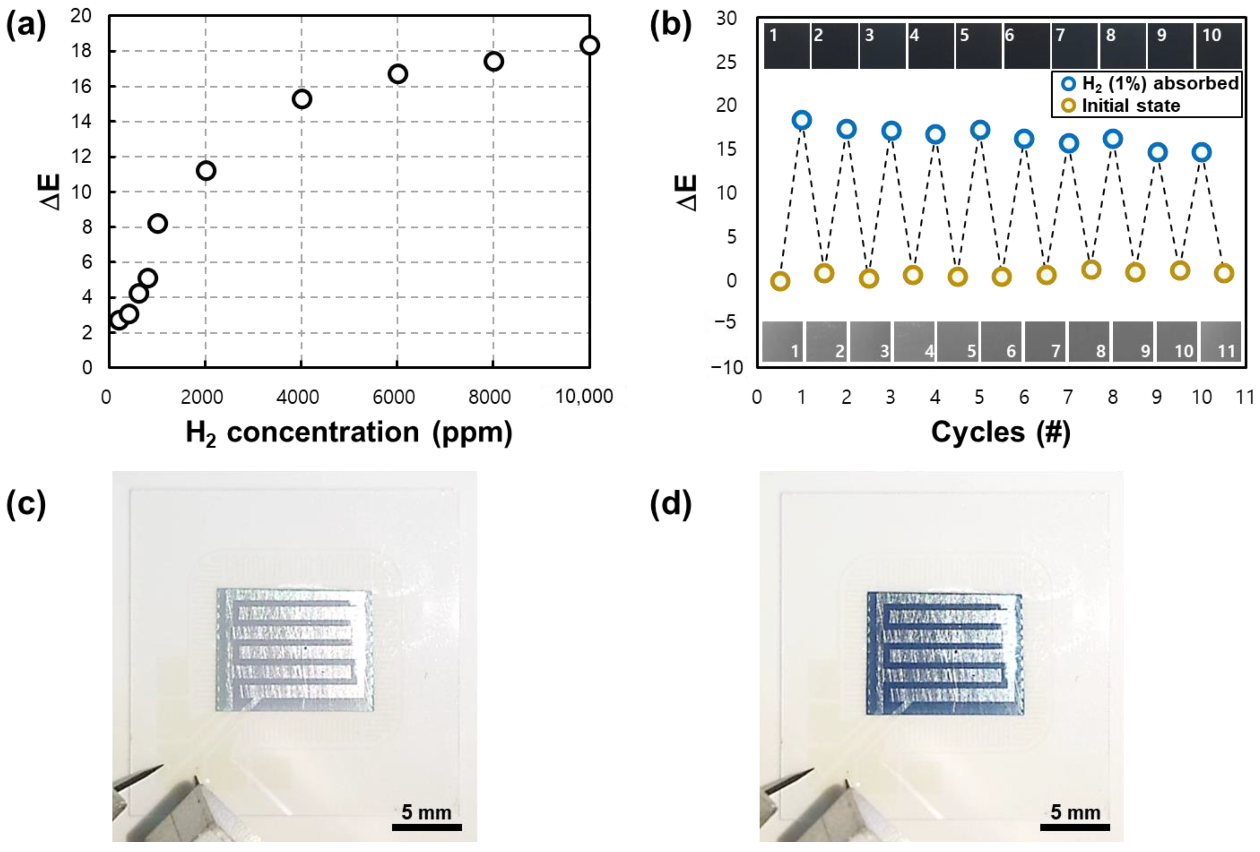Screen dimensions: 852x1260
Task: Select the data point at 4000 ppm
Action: click(302, 99)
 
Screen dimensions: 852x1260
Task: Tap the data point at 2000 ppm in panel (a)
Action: click(206, 171)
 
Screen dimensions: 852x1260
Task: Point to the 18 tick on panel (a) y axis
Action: click(81, 51)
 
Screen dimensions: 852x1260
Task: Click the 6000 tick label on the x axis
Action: click(393, 397)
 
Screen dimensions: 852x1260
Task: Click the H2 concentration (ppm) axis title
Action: click(349, 433)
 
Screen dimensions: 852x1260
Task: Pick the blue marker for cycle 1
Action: click(801, 120)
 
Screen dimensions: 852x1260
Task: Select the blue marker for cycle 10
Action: click(1201, 152)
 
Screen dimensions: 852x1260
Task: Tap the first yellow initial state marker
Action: click(780, 281)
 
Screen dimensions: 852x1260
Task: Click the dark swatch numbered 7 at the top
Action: click(1074, 46)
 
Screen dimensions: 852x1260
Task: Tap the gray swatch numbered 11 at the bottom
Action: click(1221, 341)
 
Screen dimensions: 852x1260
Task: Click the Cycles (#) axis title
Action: click(1000, 433)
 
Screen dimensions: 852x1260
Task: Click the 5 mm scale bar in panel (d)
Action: click(1074, 827)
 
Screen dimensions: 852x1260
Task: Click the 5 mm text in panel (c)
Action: click(426, 812)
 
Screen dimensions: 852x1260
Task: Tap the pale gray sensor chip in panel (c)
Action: click(295, 650)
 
